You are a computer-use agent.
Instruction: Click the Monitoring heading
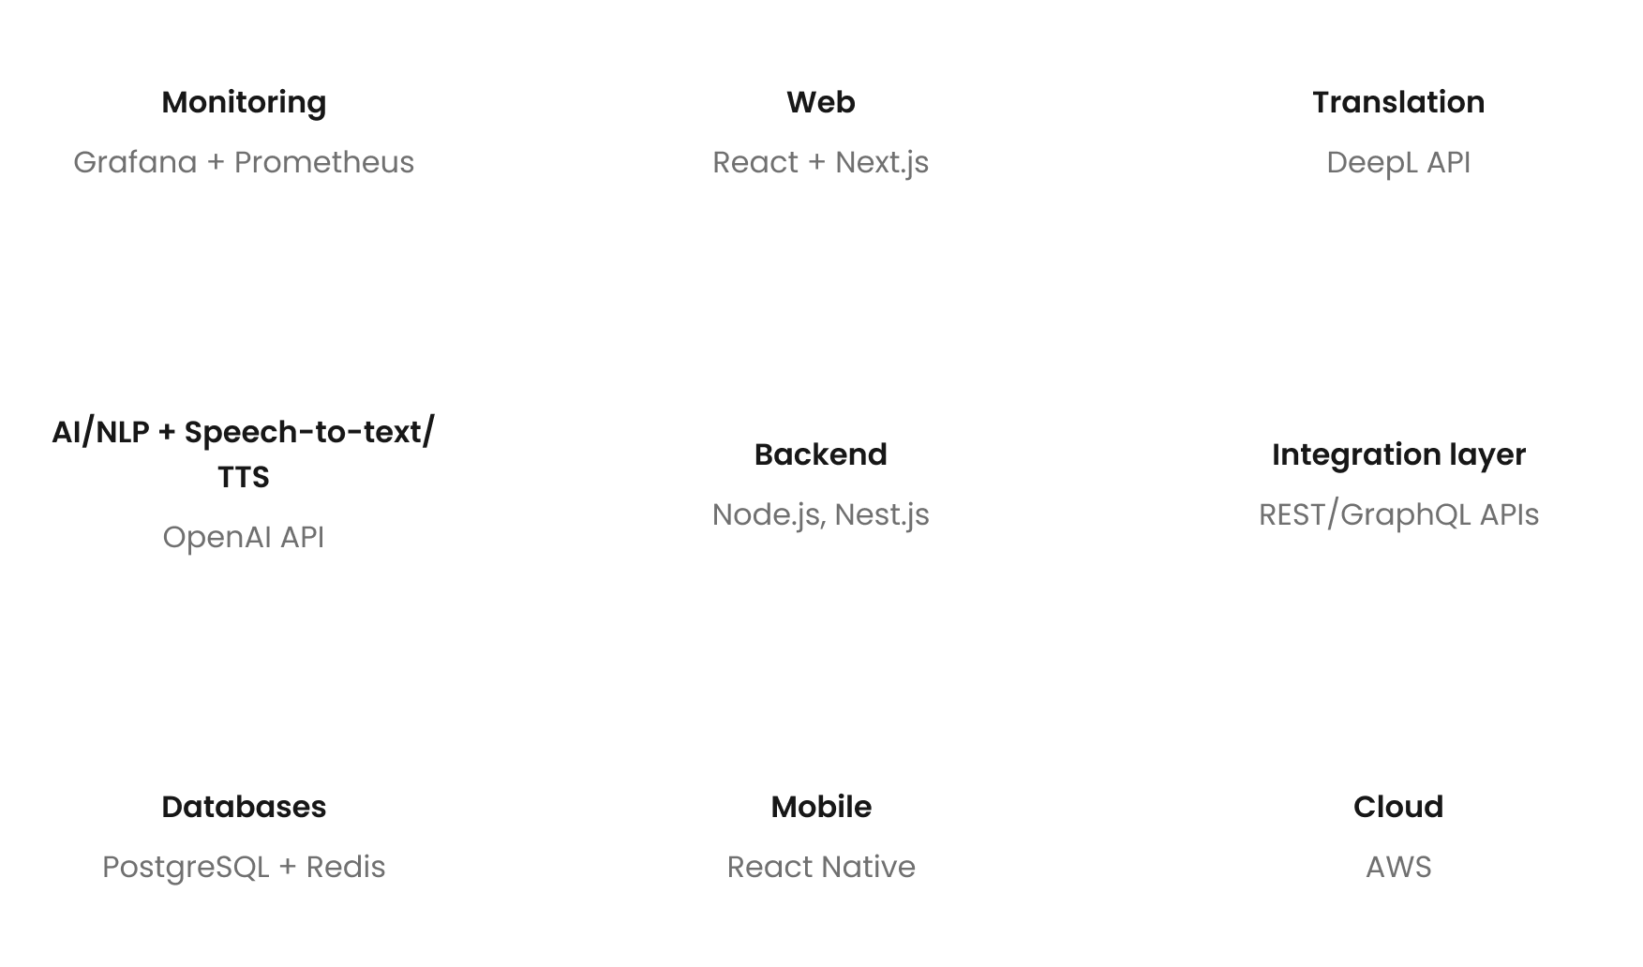tap(244, 102)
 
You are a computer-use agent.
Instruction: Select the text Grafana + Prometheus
tap(244, 162)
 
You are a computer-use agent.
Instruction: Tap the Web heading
tap(820, 102)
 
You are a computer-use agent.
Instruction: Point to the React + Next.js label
tap(820, 162)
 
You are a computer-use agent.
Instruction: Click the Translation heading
tap(1397, 102)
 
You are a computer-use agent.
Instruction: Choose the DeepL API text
tap(1397, 162)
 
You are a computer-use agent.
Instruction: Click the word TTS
tap(244, 477)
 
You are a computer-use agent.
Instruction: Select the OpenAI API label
tap(244, 537)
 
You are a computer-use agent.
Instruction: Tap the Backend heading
tap(820, 454)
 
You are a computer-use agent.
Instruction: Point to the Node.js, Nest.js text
tap(820, 514)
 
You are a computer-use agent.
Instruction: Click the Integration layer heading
tap(1397, 454)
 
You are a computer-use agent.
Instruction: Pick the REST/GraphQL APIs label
tap(1397, 514)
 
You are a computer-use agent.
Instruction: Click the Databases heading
tap(244, 807)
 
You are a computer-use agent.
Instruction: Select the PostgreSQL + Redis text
tap(244, 867)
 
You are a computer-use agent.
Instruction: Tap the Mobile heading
tap(820, 807)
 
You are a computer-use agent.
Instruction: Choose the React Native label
tap(820, 867)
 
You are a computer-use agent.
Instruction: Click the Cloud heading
tap(1397, 807)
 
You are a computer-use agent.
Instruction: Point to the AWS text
tap(1397, 867)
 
